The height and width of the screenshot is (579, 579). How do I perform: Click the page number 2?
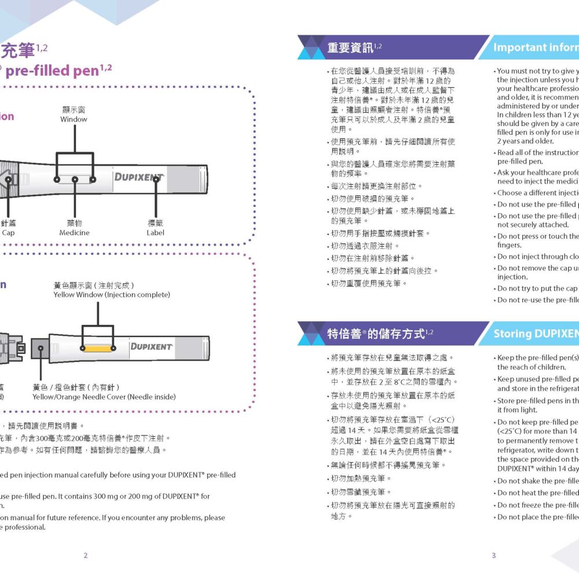(86, 555)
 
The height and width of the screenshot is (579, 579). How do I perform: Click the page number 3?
(493, 555)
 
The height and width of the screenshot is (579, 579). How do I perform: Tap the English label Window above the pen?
(74, 119)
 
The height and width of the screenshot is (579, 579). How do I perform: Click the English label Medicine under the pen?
(74, 233)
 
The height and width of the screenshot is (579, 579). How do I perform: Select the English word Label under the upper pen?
(155, 233)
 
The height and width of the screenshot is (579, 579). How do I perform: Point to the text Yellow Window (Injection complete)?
(112, 295)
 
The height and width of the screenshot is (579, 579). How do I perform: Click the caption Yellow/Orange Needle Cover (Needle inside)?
(104, 397)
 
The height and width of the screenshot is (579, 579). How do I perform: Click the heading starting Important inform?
(535, 48)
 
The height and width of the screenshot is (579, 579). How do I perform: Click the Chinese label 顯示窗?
(74, 109)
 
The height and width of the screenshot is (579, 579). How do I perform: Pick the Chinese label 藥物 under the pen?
(74, 223)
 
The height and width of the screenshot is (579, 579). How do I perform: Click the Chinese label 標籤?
(155, 223)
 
